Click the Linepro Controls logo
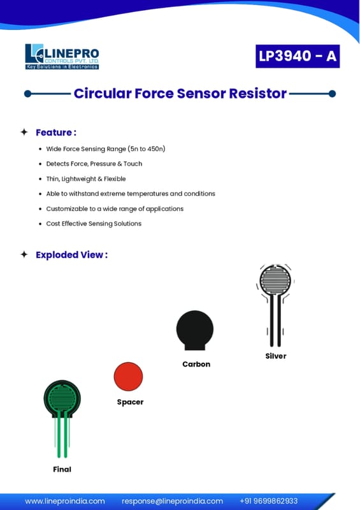click(62, 57)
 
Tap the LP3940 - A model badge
click(298, 56)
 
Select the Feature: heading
click(56, 133)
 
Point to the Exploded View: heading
click(71, 254)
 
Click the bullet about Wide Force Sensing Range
click(106, 149)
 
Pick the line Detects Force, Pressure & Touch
click(94, 164)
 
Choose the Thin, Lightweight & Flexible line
click(86, 178)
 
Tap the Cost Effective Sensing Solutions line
click(94, 224)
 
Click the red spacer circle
click(128, 376)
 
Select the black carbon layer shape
click(195, 330)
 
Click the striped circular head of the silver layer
click(275, 280)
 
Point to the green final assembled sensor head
click(62, 399)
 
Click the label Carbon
click(196, 364)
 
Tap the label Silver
click(276, 356)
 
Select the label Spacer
click(130, 402)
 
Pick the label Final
click(62, 469)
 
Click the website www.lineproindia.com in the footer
click(65, 501)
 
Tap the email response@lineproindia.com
click(173, 501)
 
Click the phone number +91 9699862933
click(269, 501)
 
